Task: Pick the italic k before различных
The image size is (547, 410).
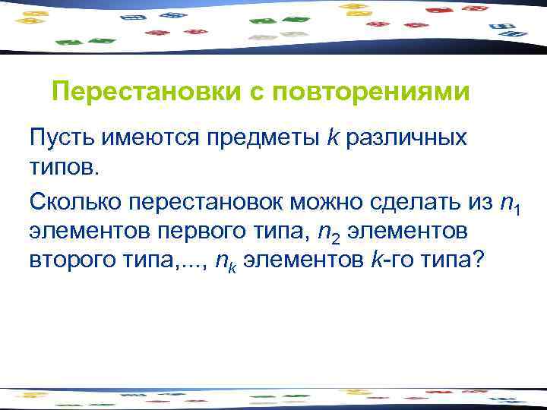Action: pyautogui.click(x=333, y=138)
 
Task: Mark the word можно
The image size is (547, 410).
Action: pyautogui.click(x=327, y=201)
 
